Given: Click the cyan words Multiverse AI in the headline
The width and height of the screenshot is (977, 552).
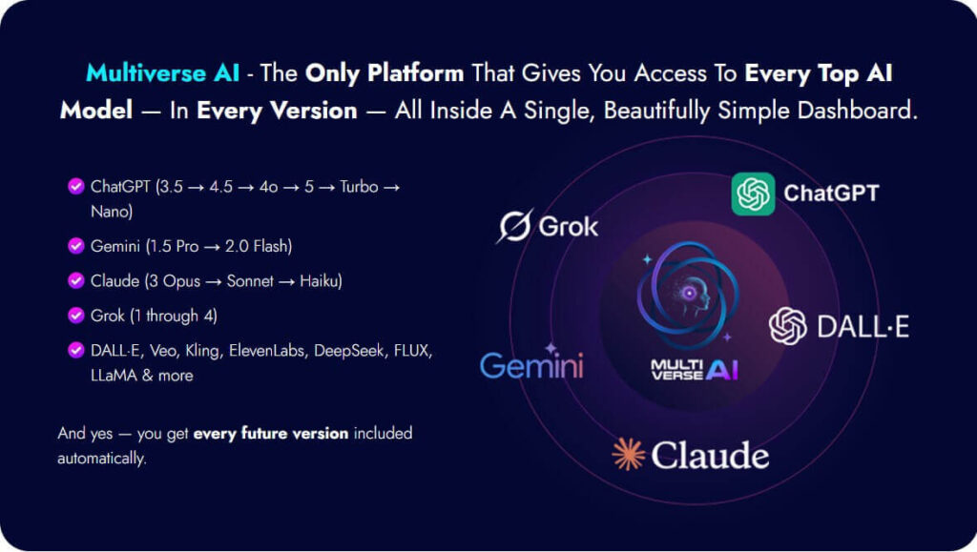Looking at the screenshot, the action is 162,72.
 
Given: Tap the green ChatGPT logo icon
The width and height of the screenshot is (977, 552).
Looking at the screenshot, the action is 753,194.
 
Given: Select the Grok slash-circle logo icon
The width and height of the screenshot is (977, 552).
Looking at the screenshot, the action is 515,225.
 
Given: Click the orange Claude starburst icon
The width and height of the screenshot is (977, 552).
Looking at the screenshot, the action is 628,454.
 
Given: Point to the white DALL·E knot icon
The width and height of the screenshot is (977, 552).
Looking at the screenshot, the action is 787,325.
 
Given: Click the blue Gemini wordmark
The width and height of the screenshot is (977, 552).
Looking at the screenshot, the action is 531,364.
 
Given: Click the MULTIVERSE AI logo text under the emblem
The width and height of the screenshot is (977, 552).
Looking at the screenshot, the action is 695,370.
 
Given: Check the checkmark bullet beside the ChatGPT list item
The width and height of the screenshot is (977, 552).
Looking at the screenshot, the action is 76,186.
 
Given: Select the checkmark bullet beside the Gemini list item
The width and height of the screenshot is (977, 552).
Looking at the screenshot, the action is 76,246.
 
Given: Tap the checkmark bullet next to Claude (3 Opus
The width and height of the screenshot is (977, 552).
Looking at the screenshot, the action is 76,280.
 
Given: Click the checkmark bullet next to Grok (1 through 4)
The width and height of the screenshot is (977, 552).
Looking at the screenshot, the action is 76,316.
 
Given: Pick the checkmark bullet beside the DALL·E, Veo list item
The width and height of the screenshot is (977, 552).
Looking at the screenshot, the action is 76,351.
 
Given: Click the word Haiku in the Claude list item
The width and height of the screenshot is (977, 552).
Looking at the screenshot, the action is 319,280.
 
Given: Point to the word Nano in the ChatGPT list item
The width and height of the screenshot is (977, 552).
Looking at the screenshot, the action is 109,212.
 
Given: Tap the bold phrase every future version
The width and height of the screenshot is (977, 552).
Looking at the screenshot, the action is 270,433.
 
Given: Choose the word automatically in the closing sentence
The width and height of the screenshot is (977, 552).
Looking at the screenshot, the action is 100,459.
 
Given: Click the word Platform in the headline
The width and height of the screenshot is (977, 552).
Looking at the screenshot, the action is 415,72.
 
